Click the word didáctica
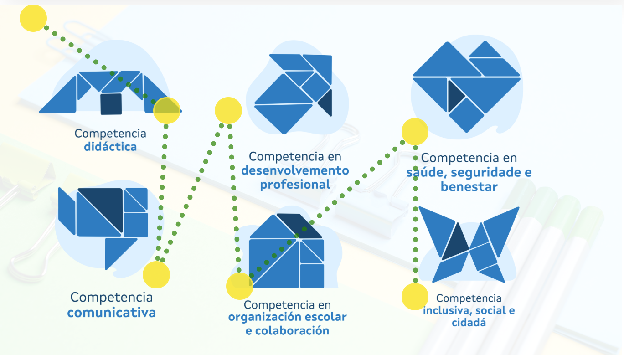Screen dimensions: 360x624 coord(110,147)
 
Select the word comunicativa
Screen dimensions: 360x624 coord(111,313)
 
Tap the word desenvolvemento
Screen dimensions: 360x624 coord(295,171)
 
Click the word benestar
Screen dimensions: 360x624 coord(469,187)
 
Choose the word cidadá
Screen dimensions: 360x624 coord(469,323)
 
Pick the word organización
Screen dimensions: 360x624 coord(271,317)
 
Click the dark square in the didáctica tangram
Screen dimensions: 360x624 coord(111,104)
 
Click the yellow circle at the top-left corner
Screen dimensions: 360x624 coord(33,18)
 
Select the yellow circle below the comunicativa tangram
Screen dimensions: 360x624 coord(156,275)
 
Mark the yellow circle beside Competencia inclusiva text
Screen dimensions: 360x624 coord(415,296)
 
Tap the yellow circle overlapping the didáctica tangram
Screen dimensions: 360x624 coord(167,110)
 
